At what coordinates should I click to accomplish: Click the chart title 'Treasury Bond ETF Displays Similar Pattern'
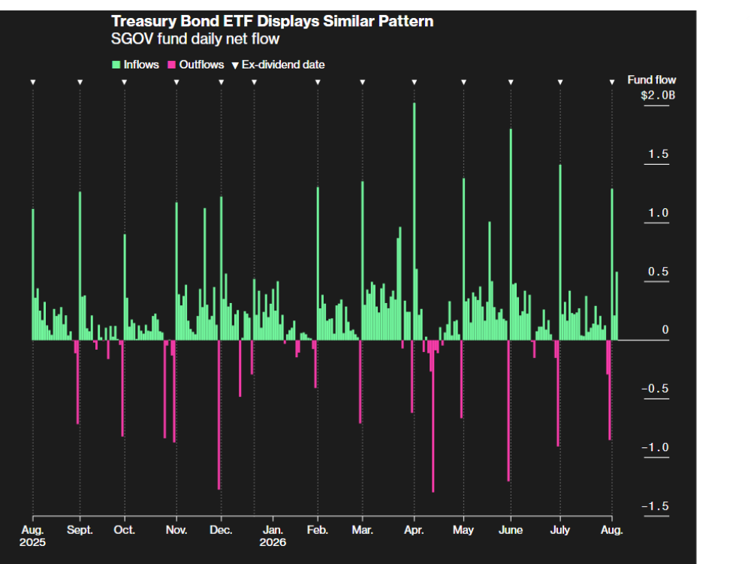272,22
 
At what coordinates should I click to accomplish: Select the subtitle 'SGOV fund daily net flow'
195,39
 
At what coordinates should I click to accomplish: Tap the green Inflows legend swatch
116,65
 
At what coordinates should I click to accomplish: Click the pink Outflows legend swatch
171,65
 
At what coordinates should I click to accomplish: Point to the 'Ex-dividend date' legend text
283,65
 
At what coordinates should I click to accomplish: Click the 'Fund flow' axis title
652,80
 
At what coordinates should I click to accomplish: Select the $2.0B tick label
658,95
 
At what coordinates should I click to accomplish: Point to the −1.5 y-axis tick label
655,506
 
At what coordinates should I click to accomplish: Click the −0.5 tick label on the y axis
655,389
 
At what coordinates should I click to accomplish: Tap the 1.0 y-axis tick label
658,213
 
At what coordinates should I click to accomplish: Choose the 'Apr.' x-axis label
414,530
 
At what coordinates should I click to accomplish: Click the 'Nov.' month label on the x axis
176,530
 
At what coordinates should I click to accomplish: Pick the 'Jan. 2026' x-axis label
273,536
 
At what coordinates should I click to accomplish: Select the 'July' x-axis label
560,530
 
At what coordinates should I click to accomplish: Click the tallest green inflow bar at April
415,222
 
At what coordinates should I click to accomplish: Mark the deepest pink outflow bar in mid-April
433,417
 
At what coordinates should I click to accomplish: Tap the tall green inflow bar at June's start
511,235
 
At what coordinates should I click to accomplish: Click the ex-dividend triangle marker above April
415,83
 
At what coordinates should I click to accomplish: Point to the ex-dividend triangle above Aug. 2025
33,83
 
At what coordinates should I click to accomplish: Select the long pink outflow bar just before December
219,415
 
